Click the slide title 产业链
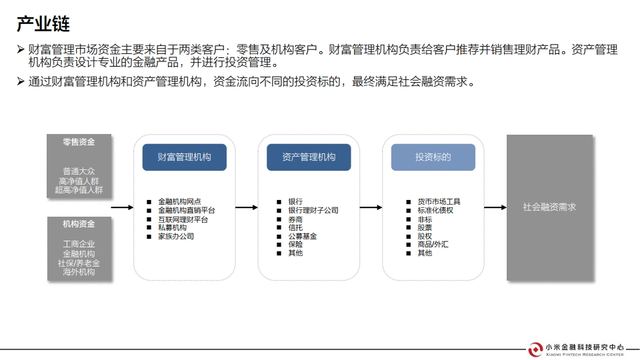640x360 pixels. tap(43, 24)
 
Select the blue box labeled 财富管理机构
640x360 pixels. tap(184, 157)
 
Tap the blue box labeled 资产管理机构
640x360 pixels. tap(309, 157)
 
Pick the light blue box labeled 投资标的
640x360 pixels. tap(433, 157)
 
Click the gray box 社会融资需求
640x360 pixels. tap(549, 207)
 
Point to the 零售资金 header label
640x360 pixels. tap(79, 142)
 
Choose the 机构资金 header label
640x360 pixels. tap(79, 224)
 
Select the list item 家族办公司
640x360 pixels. tap(176, 236)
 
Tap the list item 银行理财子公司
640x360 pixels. tap(313, 210)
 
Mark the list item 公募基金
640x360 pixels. tap(303, 236)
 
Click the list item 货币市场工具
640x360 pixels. tap(439, 201)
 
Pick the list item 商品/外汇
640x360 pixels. tap(433, 244)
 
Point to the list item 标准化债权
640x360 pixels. tap(435, 210)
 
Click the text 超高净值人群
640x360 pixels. tap(79, 190)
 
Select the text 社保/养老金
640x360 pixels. tap(79, 263)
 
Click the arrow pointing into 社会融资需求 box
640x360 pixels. tap(495, 207)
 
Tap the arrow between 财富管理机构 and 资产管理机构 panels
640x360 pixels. tap(246, 207)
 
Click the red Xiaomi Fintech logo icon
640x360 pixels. tap(535, 349)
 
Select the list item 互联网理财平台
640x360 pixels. tap(183, 219)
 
